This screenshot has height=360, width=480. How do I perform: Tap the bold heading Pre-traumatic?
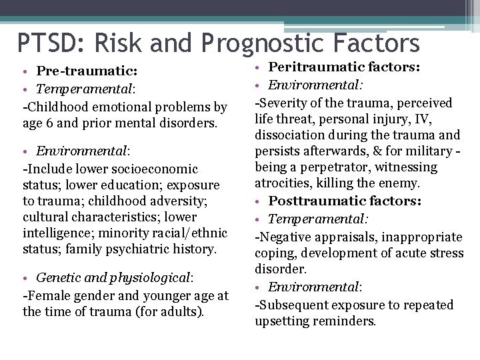(87, 71)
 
